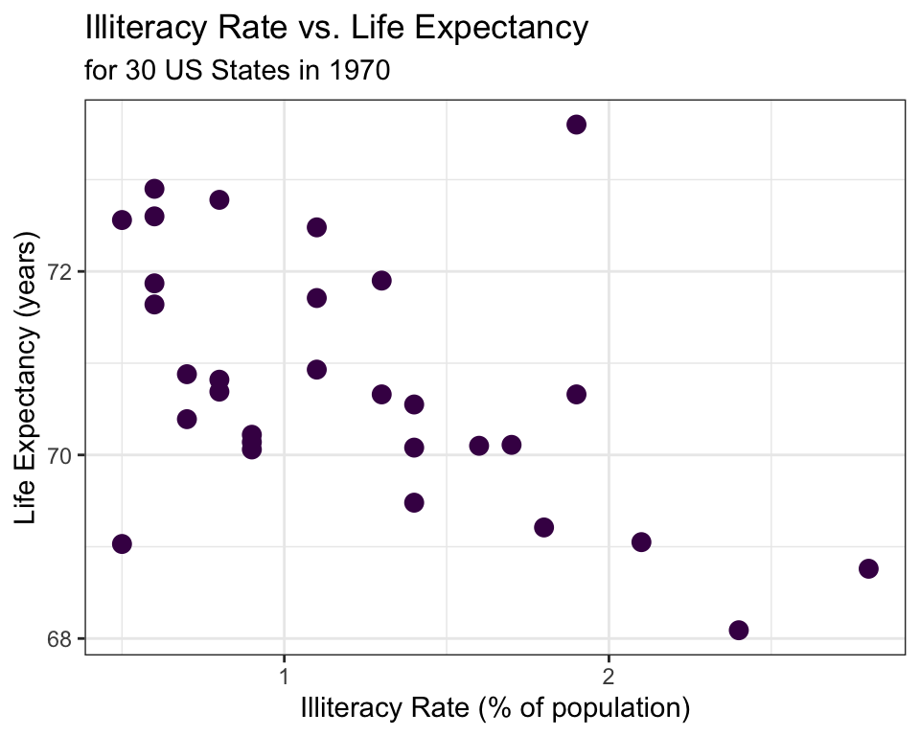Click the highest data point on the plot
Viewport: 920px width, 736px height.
click(576, 125)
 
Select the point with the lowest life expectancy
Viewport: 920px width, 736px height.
click(738, 630)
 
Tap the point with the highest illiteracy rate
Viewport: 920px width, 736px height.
click(868, 568)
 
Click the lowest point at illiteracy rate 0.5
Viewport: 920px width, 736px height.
click(122, 544)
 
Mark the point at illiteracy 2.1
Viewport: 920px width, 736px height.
click(641, 542)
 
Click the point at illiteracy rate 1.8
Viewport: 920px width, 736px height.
click(543, 527)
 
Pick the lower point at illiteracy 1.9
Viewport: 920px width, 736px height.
click(576, 395)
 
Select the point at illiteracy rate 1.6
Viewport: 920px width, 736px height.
click(479, 446)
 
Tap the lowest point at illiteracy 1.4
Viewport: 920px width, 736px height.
click(414, 502)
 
